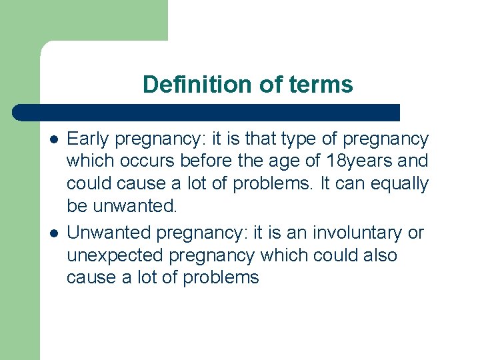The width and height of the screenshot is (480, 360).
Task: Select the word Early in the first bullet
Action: pyautogui.click(x=89, y=139)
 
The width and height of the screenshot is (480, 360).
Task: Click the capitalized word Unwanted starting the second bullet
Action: pyautogui.click(x=109, y=233)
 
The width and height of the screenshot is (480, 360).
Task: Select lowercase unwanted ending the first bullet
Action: pyautogui.click(x=135, y=206)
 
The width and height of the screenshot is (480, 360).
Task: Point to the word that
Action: pyautogui.click(x=261, y=139)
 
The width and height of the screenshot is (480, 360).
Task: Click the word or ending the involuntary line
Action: pyautogui.click(x=416, y=233)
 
